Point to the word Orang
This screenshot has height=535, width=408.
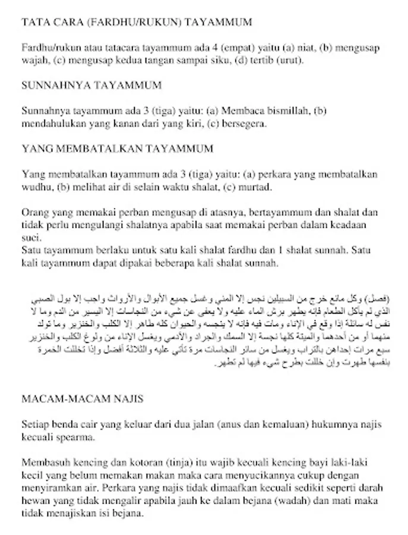tap(35, 212)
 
